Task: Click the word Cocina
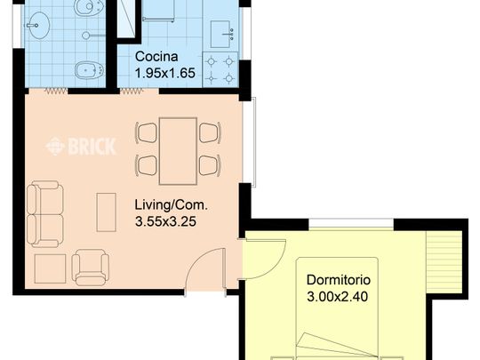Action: coord(156,57)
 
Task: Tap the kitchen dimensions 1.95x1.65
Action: coord(165,73)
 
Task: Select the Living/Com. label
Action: coord(172,205)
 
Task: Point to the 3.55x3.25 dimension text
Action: coord(165,221)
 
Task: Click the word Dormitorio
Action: coord(339,280)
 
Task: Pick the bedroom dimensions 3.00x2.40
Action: coord(338,297)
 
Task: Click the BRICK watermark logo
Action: coord(81,147)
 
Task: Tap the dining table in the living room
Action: coord(178,151)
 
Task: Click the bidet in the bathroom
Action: coord(90,70)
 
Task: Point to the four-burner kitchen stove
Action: coord(220,70)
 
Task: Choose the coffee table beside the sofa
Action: coord(107,212)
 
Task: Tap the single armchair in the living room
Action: coord(91,268)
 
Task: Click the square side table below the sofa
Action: coord(50,268)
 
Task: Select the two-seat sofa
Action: coord(45,214)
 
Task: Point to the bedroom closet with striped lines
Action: coord(444,261)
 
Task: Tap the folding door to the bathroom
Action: coord(56,91)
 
